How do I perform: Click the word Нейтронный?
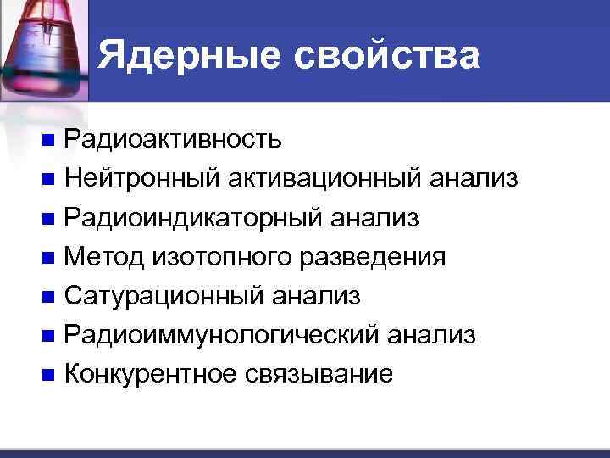click(x=140, y=178)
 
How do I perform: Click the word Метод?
click(x=106, y=257)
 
